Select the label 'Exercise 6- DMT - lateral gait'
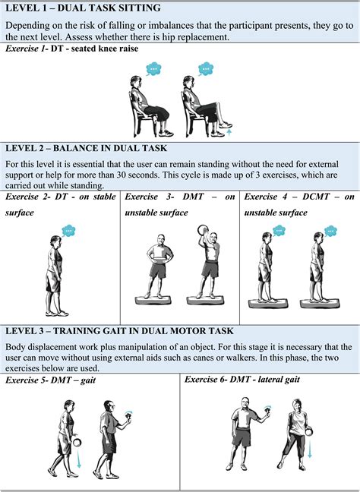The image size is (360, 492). coord(251,380)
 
